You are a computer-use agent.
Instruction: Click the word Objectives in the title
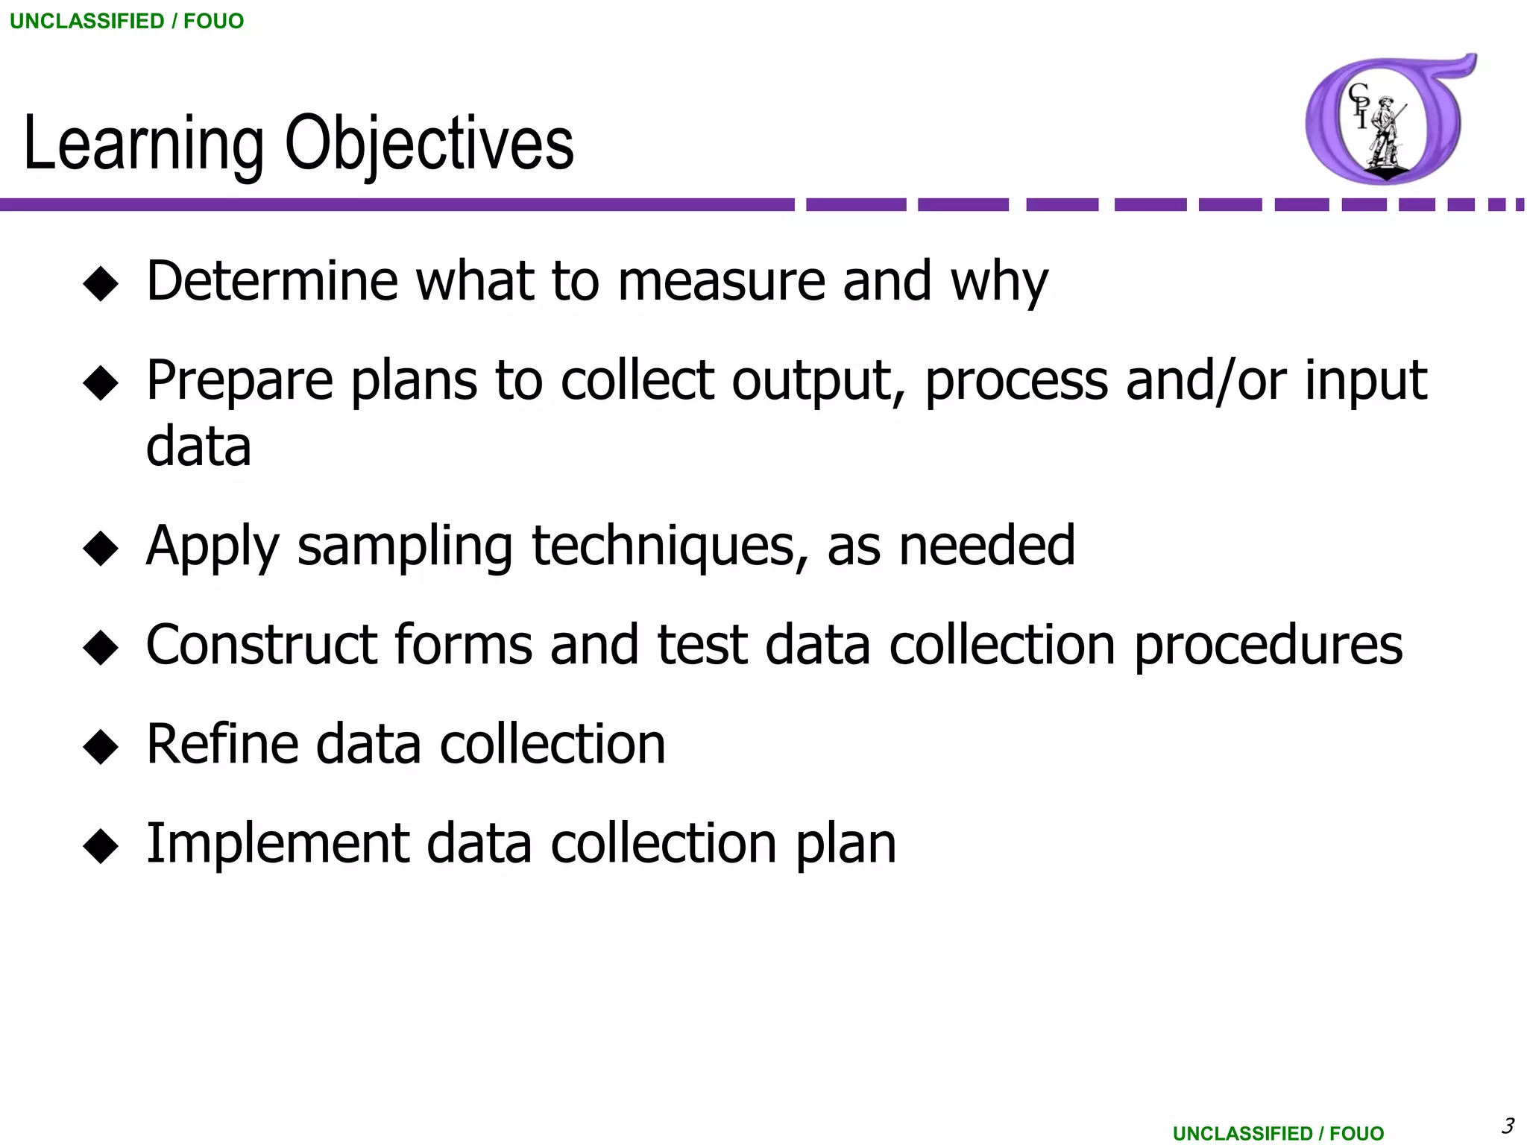[x=429, y=144]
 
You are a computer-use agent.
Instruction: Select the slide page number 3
[x=1508, y=1125]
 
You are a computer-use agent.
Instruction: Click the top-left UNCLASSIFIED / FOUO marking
[x=127, y=21]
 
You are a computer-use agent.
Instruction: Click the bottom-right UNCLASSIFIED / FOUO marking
[x=1278, y=1133]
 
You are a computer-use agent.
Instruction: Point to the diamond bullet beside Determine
[x=101, y=284]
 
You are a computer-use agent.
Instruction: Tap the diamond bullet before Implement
[x=101, y=846]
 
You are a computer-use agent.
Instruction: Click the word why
[x=999, y=283]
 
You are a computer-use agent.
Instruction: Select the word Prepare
[x=239, y=382]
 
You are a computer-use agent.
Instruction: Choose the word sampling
[x=405, y=547]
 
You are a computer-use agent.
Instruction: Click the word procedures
[x=1268, y=646]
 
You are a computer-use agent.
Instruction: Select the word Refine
[x=221, y=744]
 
